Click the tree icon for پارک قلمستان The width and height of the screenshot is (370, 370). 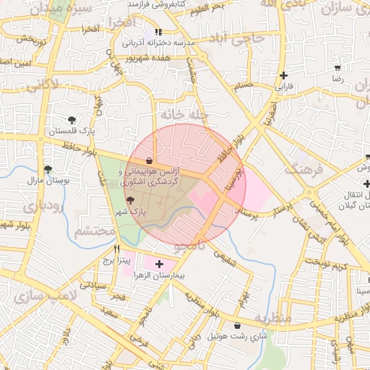click(71, 120)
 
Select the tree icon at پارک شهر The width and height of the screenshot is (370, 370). click(130, 202)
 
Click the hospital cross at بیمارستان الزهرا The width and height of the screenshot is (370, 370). click(160, 264)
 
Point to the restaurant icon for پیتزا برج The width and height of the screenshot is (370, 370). click(118, 249)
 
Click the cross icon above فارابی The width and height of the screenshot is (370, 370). click(284, 75)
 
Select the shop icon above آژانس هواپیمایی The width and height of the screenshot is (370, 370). click(150, 160)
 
